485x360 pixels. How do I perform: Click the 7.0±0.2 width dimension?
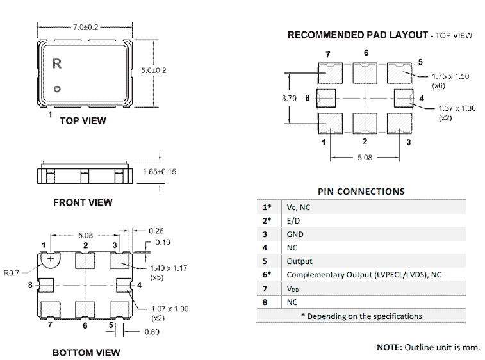[86, 28]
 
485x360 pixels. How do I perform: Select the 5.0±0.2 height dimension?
[154, 70]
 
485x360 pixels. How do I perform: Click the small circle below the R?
[57, 89]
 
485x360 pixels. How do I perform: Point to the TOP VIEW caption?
[83, 120]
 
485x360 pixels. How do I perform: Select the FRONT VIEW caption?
[83, 202]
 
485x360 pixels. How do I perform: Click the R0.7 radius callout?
[12, 273]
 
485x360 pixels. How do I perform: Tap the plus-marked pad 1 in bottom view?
[50, 259]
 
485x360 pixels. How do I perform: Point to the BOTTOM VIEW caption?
[86, 352]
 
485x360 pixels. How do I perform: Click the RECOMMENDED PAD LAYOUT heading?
[358, 35]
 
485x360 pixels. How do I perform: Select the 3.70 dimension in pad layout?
[290, 98]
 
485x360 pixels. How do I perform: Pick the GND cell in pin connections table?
[295, 234]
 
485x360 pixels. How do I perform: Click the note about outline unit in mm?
[428, 347]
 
